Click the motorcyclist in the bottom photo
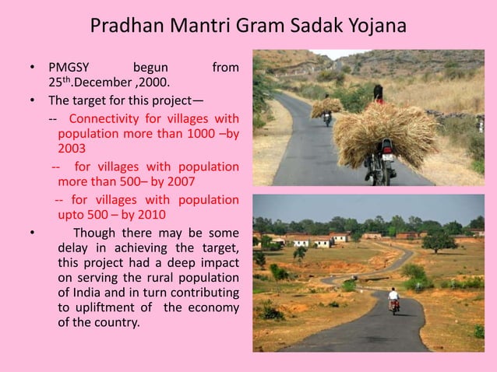[393, 298]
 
